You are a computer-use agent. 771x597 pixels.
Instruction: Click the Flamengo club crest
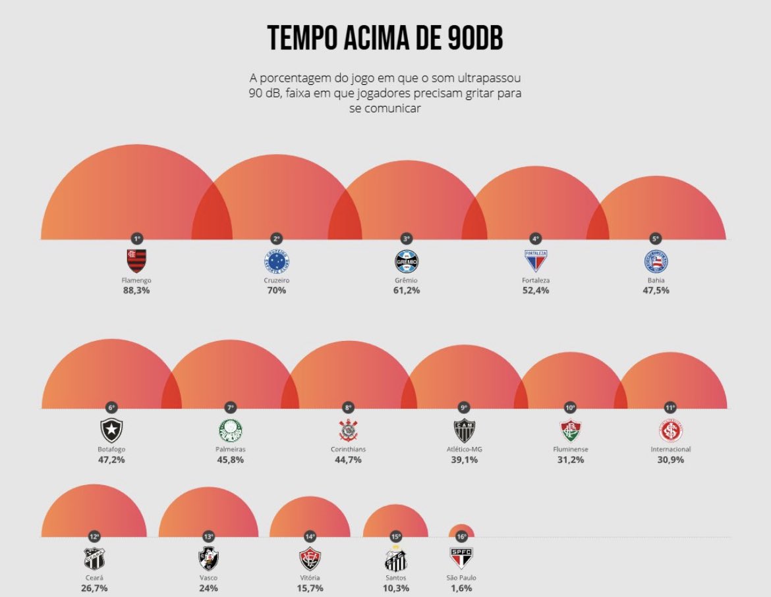(136, 261)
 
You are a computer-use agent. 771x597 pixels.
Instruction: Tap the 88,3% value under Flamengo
(136, 290)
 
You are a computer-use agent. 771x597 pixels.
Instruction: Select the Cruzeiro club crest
(275, 261)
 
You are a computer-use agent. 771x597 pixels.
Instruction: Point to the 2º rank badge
(275, 238)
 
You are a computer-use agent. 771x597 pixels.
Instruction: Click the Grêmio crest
(406, 261)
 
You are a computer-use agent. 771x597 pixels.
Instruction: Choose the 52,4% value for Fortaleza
(534, 290)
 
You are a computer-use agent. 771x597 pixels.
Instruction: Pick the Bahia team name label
(655, 280)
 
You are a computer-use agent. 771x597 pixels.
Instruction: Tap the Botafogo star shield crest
(111, 430)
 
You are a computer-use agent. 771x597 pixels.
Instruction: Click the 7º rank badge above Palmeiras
(231, 408)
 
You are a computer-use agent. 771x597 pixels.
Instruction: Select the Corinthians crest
(349, 430)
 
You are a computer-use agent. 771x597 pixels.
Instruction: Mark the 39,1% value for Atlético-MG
(464, 459)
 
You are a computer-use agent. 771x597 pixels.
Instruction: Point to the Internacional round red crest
(670, 430)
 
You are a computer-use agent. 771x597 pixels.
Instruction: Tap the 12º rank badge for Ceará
(94, 536)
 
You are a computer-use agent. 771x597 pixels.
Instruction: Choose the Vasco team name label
(208, 578)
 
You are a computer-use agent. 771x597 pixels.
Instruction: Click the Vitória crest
(310, 559)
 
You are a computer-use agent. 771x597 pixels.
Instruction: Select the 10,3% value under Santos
(395, 588)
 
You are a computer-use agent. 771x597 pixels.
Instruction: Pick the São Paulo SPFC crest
(461, 558)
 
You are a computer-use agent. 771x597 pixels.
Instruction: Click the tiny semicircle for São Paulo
(461, 531)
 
